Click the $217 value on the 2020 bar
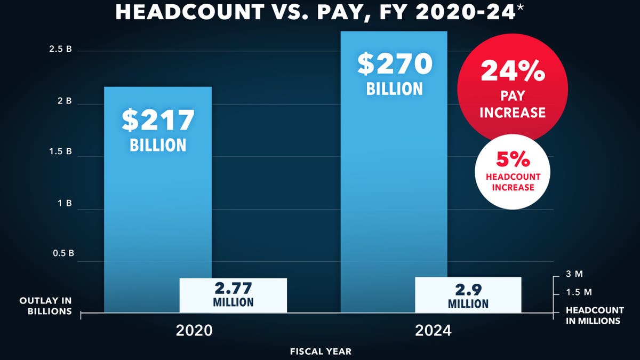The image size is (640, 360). (x=158, y=120)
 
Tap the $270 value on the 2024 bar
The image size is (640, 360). (x=395, y=64)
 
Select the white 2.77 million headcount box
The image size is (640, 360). (x=233, y=295)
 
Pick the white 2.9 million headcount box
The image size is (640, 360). (x=468, y=295)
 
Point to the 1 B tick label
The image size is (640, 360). (x=65, y=204)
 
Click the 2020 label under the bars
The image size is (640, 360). (x=194, y=330)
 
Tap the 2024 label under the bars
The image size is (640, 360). (x=433, y=330)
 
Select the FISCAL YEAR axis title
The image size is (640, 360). (x=321, y=351)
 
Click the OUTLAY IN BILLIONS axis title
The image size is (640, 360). (x=45, y=306)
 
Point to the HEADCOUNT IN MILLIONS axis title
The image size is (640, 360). (x=595, y=315)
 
